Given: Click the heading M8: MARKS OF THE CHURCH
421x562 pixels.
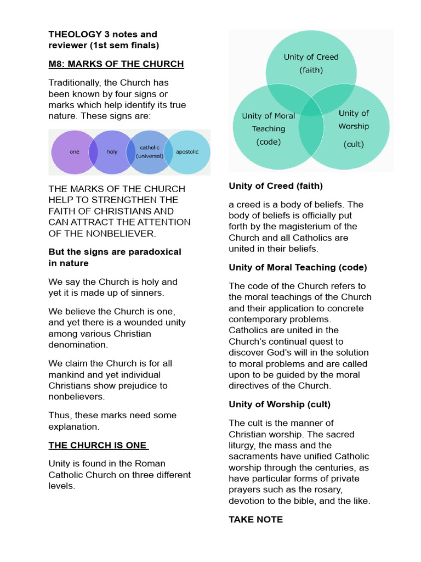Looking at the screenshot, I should point(116,64).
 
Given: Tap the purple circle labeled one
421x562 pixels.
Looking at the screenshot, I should point(74,151).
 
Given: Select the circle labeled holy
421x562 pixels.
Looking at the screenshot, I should point(112,151).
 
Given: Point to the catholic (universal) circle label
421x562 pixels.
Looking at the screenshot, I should point(150,151).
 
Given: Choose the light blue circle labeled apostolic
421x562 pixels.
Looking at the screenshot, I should point(187,151).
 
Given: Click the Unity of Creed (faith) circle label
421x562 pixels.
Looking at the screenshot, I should point(311,63).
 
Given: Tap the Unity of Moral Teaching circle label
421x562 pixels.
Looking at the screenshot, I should point(268,128).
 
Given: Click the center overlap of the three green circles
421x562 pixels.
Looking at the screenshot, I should point(311,108).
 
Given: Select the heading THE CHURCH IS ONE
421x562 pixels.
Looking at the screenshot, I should point(98,445).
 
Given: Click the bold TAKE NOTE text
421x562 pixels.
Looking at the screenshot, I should point(255,519).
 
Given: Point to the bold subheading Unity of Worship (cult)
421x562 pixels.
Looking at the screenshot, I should point(279,404).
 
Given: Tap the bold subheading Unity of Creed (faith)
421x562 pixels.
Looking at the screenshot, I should point(275,186).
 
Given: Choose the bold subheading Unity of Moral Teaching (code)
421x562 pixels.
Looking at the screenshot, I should point(298,267).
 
